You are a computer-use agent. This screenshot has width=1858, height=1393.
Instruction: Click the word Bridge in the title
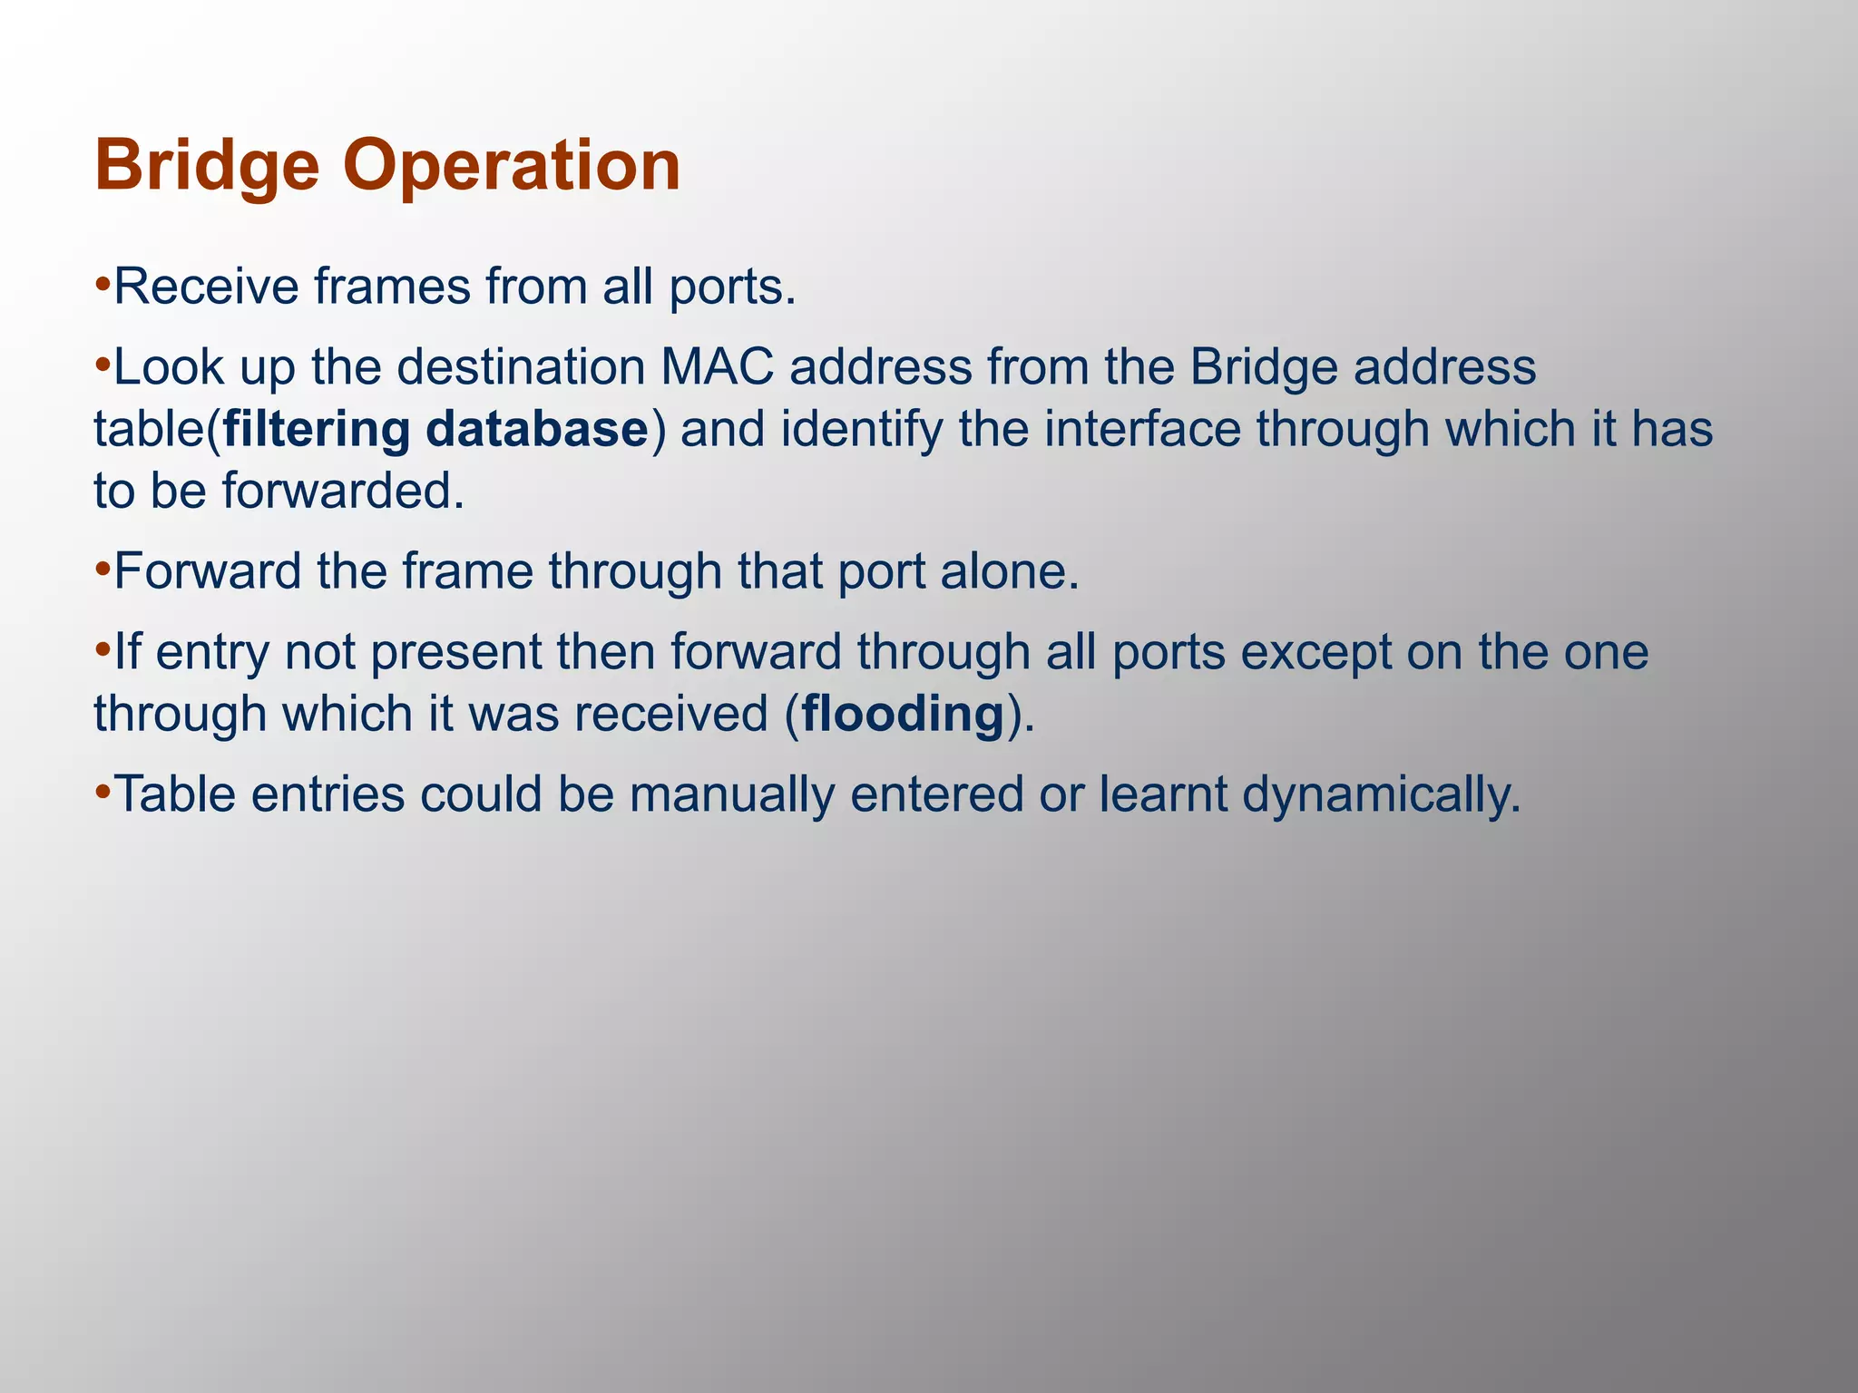click(207, 167)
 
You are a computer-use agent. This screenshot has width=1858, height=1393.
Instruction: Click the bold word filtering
click(317, 429)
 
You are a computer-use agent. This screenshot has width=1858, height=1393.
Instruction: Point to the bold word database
click(537, 429)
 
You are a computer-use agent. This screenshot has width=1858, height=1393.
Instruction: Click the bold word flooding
click(903, 714)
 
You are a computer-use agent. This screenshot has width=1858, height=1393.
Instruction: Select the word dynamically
click(1380, 794)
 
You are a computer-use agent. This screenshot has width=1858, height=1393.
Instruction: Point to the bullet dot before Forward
click(103, 571)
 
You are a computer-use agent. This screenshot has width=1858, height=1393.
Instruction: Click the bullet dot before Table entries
click(103, 794)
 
